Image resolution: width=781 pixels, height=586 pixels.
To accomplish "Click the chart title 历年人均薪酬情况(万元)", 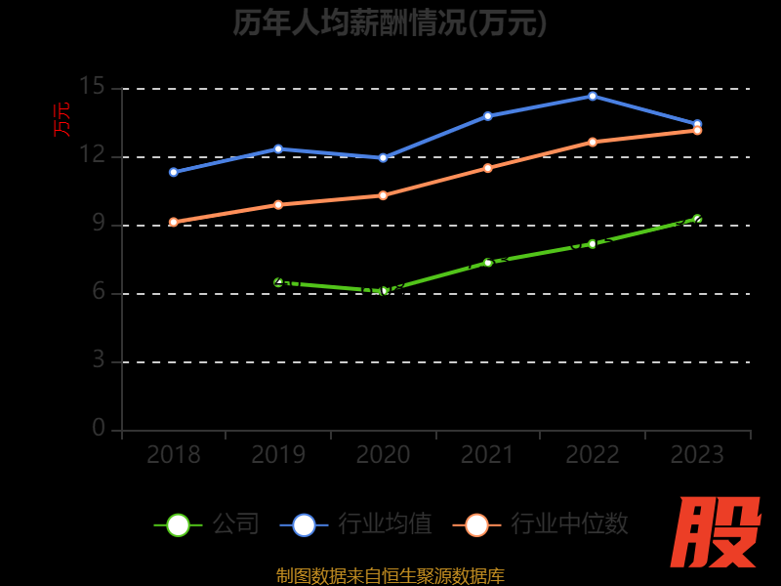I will tap(390, 22).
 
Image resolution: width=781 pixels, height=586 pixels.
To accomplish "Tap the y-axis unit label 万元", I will tap(62, 119).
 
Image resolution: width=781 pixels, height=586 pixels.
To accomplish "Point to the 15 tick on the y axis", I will tap(92, 87).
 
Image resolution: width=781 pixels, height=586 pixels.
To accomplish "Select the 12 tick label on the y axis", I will tap(92, 155).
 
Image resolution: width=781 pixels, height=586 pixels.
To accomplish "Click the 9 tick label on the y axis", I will tap(98, 224).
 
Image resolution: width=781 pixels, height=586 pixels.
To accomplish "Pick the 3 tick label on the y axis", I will tap(98, 360).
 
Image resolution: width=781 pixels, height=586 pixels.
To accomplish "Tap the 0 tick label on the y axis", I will tap(98, 429).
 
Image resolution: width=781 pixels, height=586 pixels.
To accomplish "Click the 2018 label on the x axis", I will tap(173, 455).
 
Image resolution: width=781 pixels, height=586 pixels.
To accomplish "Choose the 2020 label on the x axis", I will tap(383, 455).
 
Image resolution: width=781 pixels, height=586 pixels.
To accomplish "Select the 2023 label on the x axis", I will tap(697, 455).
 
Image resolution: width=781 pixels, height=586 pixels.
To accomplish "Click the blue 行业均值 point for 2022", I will tap(593, 96).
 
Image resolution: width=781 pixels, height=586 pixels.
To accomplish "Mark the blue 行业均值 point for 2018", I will tap(173, 172).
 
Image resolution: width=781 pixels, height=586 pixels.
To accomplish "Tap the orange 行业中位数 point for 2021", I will tap(488, 168).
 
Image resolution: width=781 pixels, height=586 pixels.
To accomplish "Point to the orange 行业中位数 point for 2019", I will tap(278, 205).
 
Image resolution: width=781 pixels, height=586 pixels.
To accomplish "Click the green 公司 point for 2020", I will tap(384, 291).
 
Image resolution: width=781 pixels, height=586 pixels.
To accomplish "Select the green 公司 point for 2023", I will tap(697, 219).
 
